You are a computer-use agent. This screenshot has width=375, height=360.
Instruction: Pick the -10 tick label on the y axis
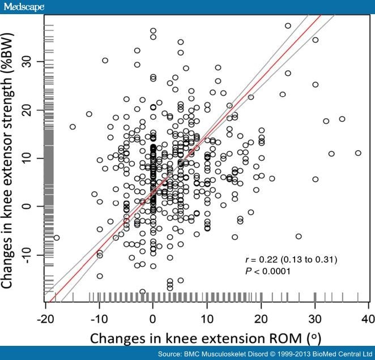coord(34,255)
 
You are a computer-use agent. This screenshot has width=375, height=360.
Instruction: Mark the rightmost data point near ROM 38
coord(357,153)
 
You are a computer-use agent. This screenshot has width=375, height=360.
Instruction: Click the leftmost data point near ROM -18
coord(56,238)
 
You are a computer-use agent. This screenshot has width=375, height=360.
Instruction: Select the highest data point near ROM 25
coord(288,25)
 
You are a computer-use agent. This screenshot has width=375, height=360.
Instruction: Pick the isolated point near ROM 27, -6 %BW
coord(299,236)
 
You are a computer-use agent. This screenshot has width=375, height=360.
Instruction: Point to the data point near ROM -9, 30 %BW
coord(105,60)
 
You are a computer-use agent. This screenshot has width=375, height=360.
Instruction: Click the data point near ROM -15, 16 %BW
coord(73,127)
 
